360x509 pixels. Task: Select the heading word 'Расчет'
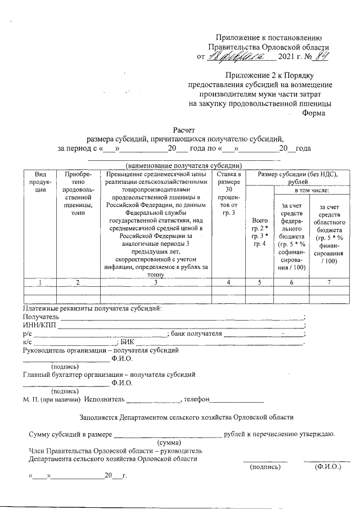coord(184,130)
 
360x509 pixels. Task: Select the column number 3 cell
coord(156,281)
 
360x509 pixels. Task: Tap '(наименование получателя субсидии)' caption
coord(184,166)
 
